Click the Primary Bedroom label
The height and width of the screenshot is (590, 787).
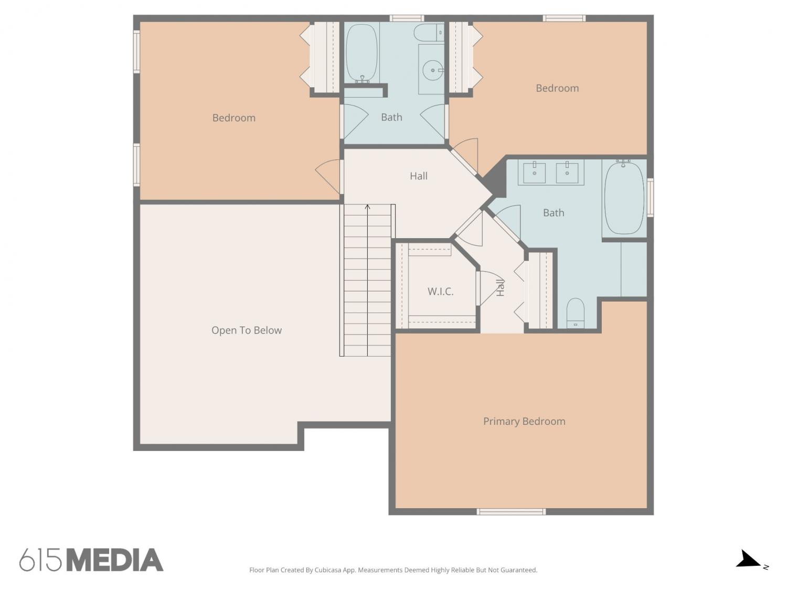[x=524, y=421]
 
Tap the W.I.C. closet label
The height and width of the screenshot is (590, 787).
[x=441, y=292]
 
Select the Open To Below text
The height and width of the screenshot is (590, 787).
[x=247, y=330]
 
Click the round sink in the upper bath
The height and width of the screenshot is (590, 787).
[x=433, y=71]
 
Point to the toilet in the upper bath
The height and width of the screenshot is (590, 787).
[x=429, y=33]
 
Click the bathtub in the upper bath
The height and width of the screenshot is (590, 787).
[x=362, y=53]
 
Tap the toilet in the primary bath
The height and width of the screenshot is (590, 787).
[x=576, y=313]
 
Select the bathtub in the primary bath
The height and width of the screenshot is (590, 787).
[x=624, y=198]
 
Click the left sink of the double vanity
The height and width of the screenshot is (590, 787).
[x=534, y=173]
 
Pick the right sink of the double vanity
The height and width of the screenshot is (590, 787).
[x=567, y=173]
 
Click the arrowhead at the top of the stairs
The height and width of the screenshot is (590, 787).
[x=367, y=207]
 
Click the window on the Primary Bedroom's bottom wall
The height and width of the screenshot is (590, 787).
[x=511, y=511]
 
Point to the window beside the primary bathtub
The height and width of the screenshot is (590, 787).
[x=650, y=197]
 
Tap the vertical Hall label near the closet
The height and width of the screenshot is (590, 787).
[x=500, y=287]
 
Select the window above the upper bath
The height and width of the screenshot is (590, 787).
[x=407, y=18]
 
